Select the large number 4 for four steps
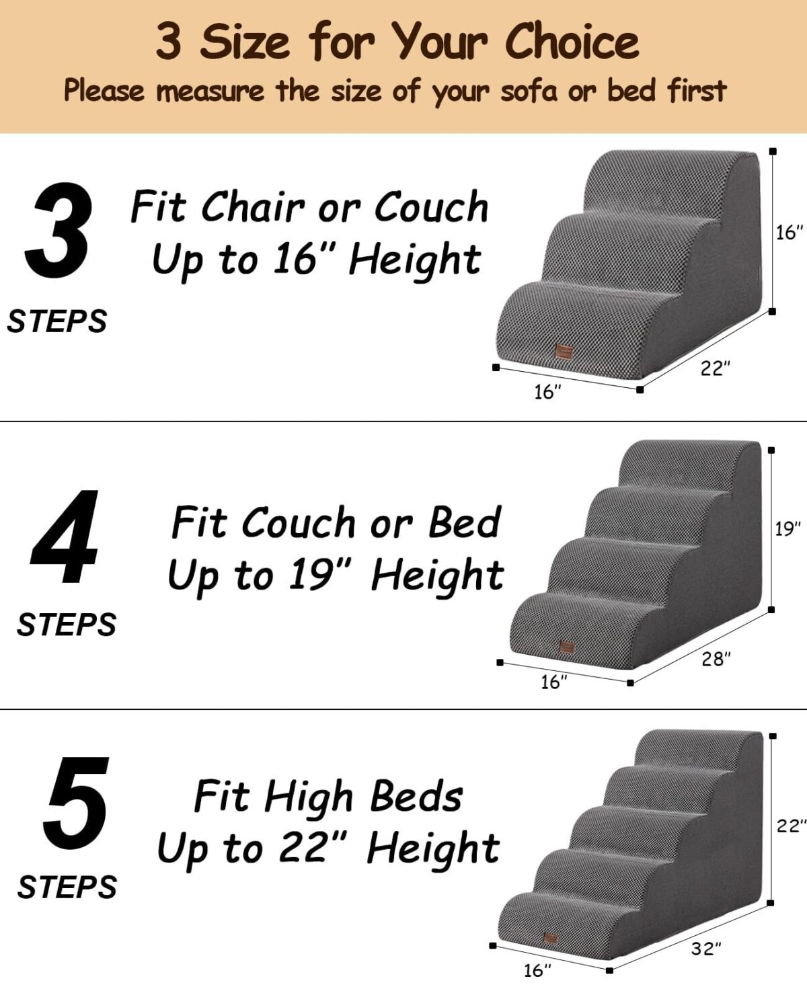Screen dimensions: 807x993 (x=65, y=537)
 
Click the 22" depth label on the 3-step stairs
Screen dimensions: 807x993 (x=715, y=368)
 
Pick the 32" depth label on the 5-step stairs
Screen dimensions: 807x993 (x=706, y=948)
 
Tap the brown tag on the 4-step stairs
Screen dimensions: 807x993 (x=567, y=647)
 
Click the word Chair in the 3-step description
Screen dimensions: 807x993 (x=253, y=206)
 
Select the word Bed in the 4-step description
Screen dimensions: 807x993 (x=464, y=522)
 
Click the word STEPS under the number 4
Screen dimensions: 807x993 (x=67, y=625)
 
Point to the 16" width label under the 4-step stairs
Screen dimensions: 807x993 (x=554, y=682)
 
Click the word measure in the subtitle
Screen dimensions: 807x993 (x=210, y=91)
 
